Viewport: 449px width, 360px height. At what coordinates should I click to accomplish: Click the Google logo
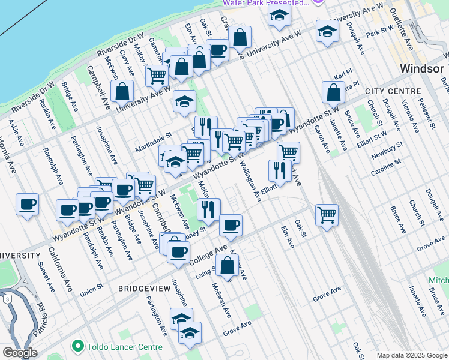click(x=20, y=353)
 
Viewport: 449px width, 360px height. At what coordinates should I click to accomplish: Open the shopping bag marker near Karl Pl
click(x=333, y=92)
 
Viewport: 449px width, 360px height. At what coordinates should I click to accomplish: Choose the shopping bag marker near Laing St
click(x=228, y=265)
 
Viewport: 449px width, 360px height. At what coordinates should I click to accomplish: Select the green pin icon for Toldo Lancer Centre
click(x=77, y=347)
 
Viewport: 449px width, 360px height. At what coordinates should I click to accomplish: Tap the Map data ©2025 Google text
click(x=412, y=355)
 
